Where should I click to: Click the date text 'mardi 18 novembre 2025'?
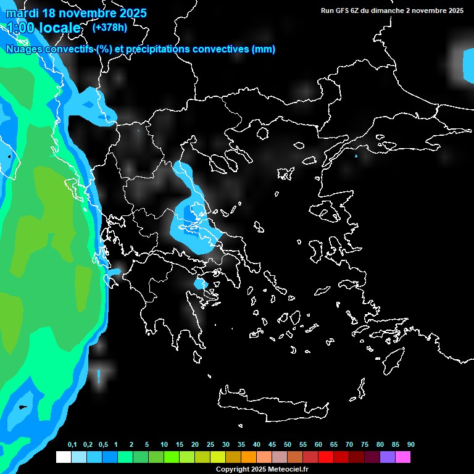pyautogui.click(x=77, y=13)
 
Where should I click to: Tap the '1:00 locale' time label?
pyautogui.click(x=44, y=28)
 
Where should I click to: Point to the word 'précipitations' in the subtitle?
pyautogui.click(x=161, y=49)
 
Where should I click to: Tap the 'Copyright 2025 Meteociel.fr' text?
pyautogui.click(x=262, y=469)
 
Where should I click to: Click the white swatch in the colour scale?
pyautogui.click(x=63, y=457)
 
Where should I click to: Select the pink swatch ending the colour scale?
pyautogui.click(x=403, y=457)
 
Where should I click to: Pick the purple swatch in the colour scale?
pyautogui.click(x=388, y=457)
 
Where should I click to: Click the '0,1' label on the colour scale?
pyautogui.click(x=72, y=445)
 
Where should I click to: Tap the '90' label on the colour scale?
pyautogui.click(x=411, y=445)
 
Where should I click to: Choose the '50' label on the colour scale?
pyautogui.click(x=288, y=445)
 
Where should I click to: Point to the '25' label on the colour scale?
pyautogui.click(x=210, y=445)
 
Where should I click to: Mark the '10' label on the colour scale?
pyautogui.click(x=164, y=445)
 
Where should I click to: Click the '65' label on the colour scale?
pyautogui.click(x=334, y=445)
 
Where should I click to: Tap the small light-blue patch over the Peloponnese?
pyautogui.click(x=199, y=284)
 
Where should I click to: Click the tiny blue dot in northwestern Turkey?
pyautogui.click(x=356, y=156)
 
